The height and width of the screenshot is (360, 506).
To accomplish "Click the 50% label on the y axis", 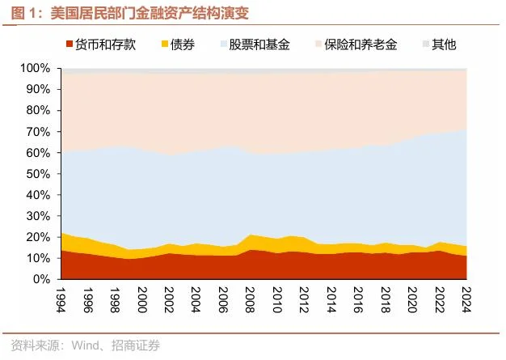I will [38, 174].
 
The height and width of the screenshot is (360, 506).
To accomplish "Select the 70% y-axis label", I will [38, 131].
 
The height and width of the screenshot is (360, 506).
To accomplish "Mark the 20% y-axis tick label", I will [38, 237].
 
